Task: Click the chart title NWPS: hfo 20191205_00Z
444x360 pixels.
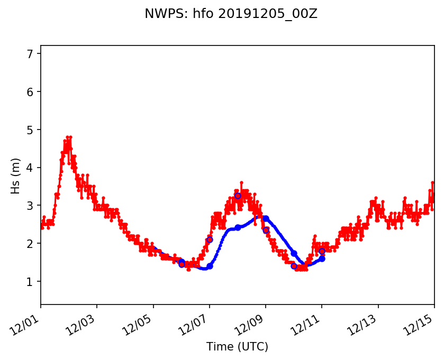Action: [x=231, y=14]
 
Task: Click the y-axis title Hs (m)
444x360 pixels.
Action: [x=16, y=176]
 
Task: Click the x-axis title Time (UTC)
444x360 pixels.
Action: [x=237, y=347]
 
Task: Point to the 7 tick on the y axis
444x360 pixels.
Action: [x=30, y=54]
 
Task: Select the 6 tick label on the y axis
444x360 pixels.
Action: [x=30, y=92]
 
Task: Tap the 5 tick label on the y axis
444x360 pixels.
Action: [x=30, y=130]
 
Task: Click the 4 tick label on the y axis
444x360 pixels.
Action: [x=30, y=168]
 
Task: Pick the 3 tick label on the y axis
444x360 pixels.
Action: [x=30, y=206]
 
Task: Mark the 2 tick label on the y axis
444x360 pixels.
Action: [x=30, y=244]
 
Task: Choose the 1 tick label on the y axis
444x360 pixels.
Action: [x=30, y=282]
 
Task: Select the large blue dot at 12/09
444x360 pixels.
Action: [x=266, y=218]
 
